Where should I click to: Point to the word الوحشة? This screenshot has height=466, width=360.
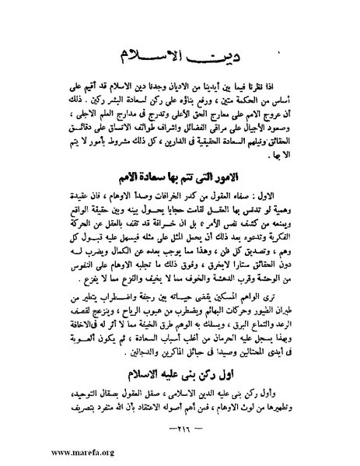click(x=278, y=277)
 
